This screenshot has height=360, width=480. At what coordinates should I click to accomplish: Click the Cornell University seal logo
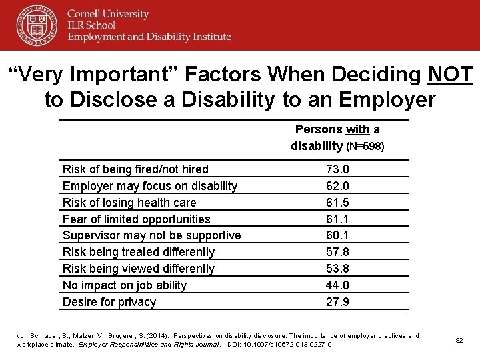37,25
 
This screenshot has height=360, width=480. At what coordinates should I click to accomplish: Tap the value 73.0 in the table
337,169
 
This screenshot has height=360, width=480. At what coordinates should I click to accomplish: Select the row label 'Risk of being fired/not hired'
135,169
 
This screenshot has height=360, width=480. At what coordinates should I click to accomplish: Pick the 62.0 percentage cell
337,186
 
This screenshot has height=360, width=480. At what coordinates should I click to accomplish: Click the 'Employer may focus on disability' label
149,186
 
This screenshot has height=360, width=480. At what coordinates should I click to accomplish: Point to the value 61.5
337,203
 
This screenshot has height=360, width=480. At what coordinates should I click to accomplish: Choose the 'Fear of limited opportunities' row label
136,219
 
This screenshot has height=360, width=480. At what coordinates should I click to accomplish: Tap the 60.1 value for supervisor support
337,235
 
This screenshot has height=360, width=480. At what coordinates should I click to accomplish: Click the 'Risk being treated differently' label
138,252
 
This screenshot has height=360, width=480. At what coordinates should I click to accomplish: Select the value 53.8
337,269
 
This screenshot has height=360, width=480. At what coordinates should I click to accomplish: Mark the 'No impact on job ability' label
124,285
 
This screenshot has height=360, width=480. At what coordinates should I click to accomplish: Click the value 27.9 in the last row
337,302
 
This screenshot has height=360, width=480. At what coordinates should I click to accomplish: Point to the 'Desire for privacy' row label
109,302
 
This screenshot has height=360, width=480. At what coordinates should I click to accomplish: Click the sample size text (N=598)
365,146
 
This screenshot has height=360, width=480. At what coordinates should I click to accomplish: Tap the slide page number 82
459,340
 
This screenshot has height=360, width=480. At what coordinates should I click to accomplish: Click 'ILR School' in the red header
91,25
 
